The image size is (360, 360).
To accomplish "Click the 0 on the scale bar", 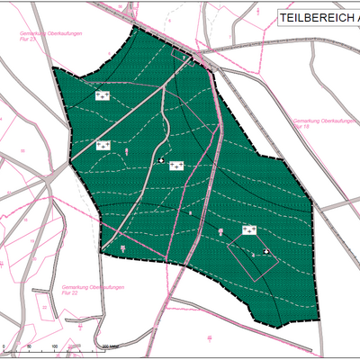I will (4, 346).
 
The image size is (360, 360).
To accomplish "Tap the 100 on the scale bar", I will (55, 346).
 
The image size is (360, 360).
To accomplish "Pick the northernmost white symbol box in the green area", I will (103, 94).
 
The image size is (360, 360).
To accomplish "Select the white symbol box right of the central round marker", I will (176, 165).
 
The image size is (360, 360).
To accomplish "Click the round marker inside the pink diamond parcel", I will (265, 251).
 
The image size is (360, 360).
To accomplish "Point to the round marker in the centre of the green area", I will (162, 160).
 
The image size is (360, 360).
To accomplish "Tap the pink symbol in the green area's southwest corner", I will (122, 247).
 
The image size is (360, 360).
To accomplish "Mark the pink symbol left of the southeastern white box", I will (220, 234).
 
